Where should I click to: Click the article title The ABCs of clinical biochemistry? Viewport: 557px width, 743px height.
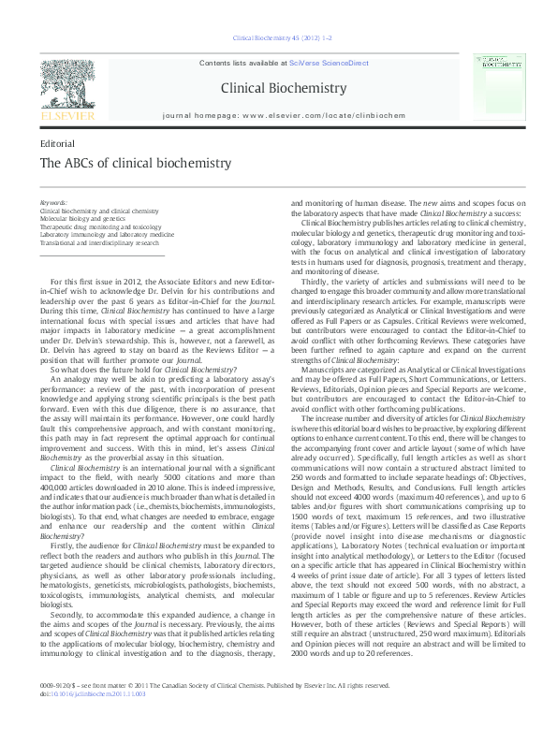[135, 163]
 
